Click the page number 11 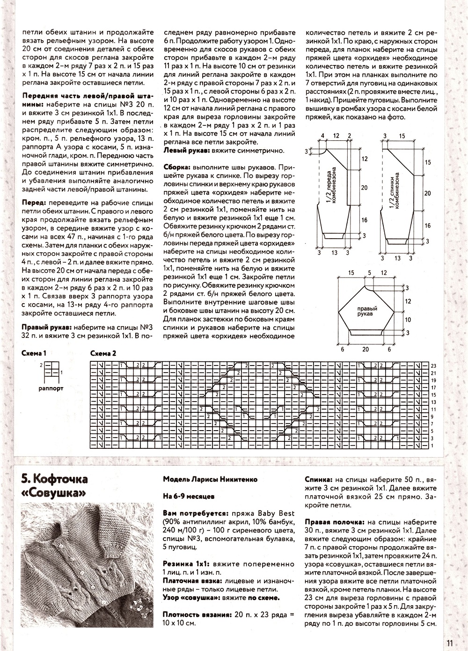pos(449,643)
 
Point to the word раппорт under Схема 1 pos(51,388)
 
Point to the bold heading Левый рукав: pos(186,151)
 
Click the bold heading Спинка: pos(319,480)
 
